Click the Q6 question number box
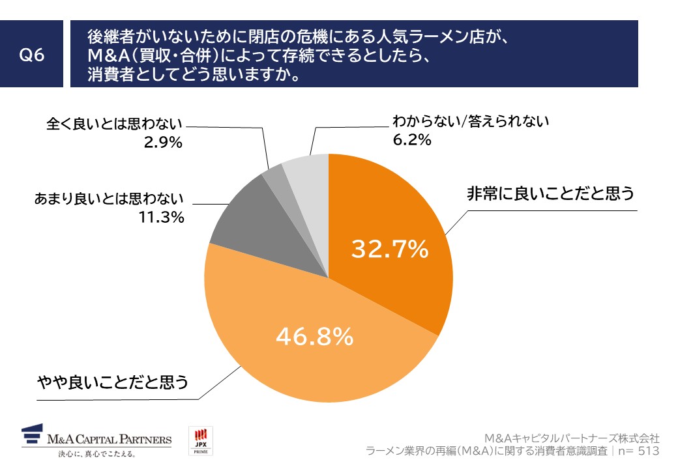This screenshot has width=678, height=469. (32, 54)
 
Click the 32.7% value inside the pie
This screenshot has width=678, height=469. (389, 249)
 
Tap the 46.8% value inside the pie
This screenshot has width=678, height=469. (315, 336)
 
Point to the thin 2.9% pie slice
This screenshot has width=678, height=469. (273, 171)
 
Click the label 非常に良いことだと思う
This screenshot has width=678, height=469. (550, 195)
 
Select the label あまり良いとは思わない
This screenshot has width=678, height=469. (109, 199)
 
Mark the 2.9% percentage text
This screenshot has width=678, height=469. (162, 141)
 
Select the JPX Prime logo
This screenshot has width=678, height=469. (200, 441)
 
